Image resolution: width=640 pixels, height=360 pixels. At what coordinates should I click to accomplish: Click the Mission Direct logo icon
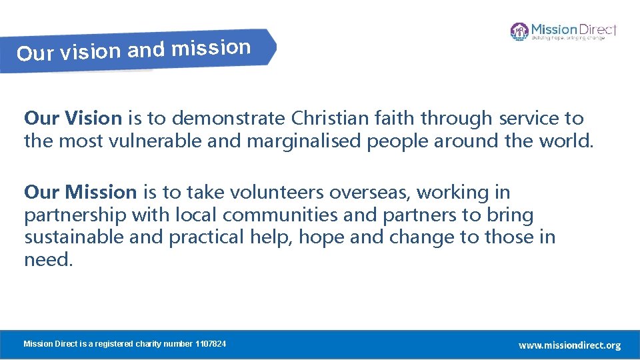(x=519, y=31)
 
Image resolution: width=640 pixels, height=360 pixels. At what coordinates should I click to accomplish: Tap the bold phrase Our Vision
(x=73, y=119)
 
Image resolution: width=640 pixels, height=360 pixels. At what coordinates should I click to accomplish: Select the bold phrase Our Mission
(x=80, y=193)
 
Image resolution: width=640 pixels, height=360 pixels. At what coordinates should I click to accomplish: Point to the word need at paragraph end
(x=46, y=259)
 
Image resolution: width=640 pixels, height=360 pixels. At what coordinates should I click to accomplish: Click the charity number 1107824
(x=210, y=344)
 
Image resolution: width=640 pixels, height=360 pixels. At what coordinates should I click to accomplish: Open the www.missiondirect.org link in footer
(x=569, y=345)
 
